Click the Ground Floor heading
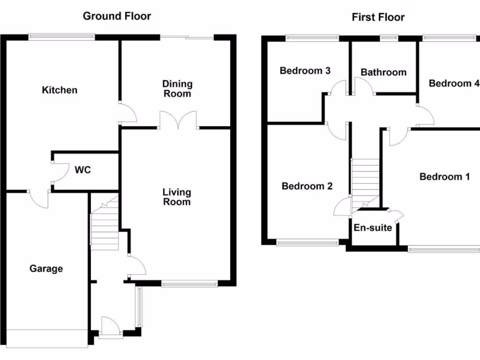pos(117,16)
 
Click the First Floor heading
pos(378,17)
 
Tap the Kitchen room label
pos(60,90)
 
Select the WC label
pos(82,170)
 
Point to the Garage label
pos(46,269)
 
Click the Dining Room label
pos(177,89)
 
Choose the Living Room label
pos(177,197)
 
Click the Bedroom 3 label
pos(305,71)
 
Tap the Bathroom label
pos(383,72)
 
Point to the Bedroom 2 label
pos(307,186)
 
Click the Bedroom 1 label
pos(444,177)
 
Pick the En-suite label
pos(373,228)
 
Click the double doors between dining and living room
pos(178,120)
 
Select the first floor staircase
pos(365,183)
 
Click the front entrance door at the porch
pos(111,327)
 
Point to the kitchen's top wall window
pos(61,36)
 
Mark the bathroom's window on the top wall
pos(388,37)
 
